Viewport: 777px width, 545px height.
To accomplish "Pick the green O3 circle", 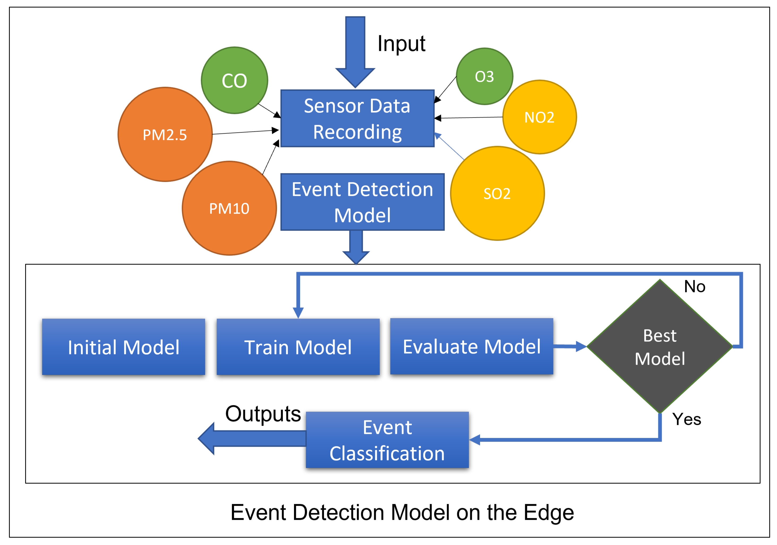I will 484,76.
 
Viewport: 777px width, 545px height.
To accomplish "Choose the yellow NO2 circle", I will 539,117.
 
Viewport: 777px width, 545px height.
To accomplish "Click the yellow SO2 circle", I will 497,194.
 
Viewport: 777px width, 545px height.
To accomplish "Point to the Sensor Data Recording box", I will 357,118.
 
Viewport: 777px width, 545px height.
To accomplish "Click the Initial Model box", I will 123,347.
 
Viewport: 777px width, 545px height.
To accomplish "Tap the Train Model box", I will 298,347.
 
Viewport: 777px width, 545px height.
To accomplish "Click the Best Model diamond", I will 659,346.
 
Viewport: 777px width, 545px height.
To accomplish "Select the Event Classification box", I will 387,439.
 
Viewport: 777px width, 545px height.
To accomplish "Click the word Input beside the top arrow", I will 401,44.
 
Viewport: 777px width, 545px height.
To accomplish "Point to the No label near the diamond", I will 694,286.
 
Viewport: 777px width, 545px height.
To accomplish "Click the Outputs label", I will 263,414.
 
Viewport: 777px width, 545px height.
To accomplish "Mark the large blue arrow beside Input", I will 355,51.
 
